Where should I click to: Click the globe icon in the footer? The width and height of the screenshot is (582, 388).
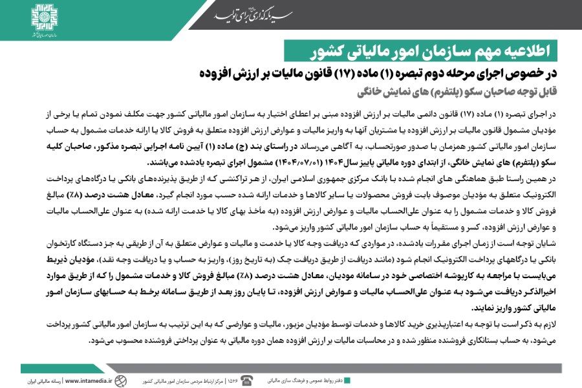(x=126, y=380)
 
